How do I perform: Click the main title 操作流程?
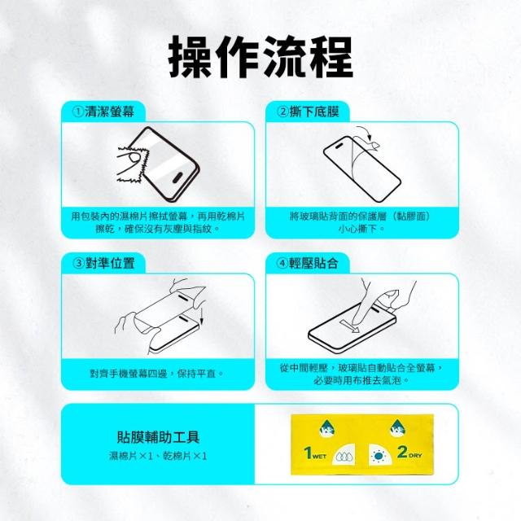coord(260,57)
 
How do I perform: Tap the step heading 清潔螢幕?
coord(109,112)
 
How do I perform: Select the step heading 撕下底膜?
coord(314,112)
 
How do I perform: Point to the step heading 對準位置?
coord(110,263)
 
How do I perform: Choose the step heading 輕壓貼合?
coord(314,263)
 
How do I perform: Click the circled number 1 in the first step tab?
coord(78,112)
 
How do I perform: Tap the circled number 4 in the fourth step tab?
coord(282,264)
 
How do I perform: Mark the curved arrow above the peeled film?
coord(366,132)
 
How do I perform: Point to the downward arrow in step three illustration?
coord(201,315)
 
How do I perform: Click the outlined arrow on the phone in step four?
coord(351,326)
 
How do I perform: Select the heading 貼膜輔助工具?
coord(158,436)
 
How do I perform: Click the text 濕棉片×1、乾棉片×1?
coord(158,456)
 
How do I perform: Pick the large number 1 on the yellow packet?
coord(308,453)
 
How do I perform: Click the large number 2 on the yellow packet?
coord(402,451)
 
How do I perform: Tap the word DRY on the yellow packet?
coord(415,455)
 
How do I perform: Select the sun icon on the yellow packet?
coord(378,456)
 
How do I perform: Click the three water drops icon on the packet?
coord(344,457)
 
